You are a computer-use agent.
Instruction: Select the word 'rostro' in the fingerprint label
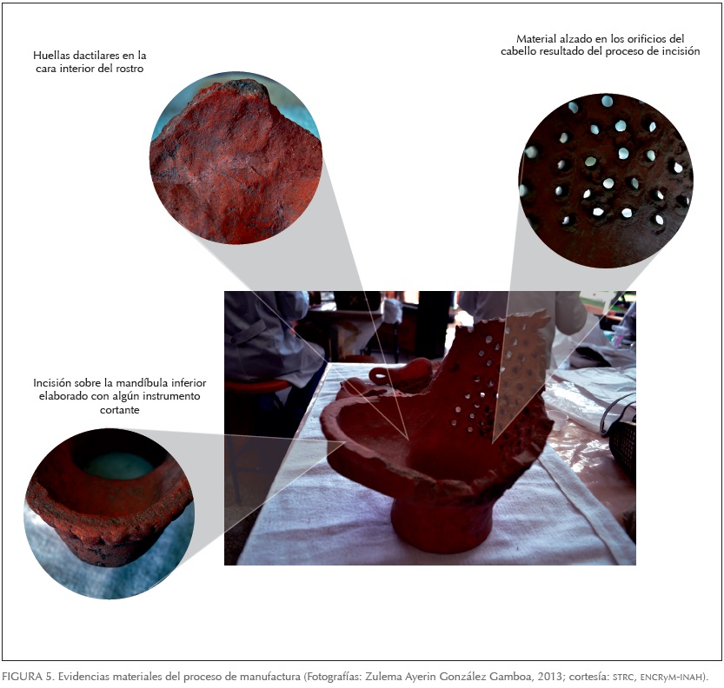(x=130, y=69)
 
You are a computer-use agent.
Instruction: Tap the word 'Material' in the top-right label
(x=535, y=39)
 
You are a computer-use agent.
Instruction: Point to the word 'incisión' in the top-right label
(x=681, y=51)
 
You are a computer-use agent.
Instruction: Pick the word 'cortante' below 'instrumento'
(x=120, y=410)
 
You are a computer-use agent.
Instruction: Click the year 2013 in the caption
(x=549, y=677)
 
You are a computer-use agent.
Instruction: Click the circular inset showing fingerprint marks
(x=236, y=158)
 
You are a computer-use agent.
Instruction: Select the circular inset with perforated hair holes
(x=607, y=181)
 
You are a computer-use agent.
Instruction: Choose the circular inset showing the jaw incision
(x=109, y=513)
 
